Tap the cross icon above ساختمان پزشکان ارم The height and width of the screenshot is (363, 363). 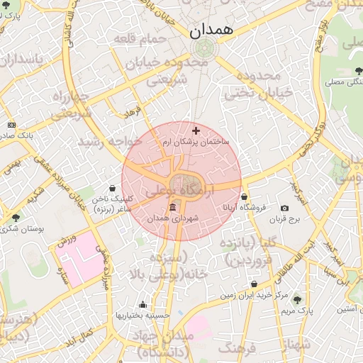(x=196, y=130)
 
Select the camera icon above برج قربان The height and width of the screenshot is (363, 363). (x=284, y=208)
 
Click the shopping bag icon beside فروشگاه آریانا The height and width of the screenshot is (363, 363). (x=245, y=197)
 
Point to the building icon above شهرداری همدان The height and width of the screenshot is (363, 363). (x=174, y=207)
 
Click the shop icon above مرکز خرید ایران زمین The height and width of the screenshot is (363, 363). (x=254, y=284)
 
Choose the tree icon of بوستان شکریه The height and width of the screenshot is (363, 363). (x=16, y=217)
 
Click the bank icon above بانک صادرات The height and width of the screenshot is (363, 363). (x=11, y=124)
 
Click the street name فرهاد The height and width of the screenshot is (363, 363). (x=133, y=113)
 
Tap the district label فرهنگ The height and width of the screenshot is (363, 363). (x=236, y=348)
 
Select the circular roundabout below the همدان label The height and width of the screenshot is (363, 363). (x=204, y=49)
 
